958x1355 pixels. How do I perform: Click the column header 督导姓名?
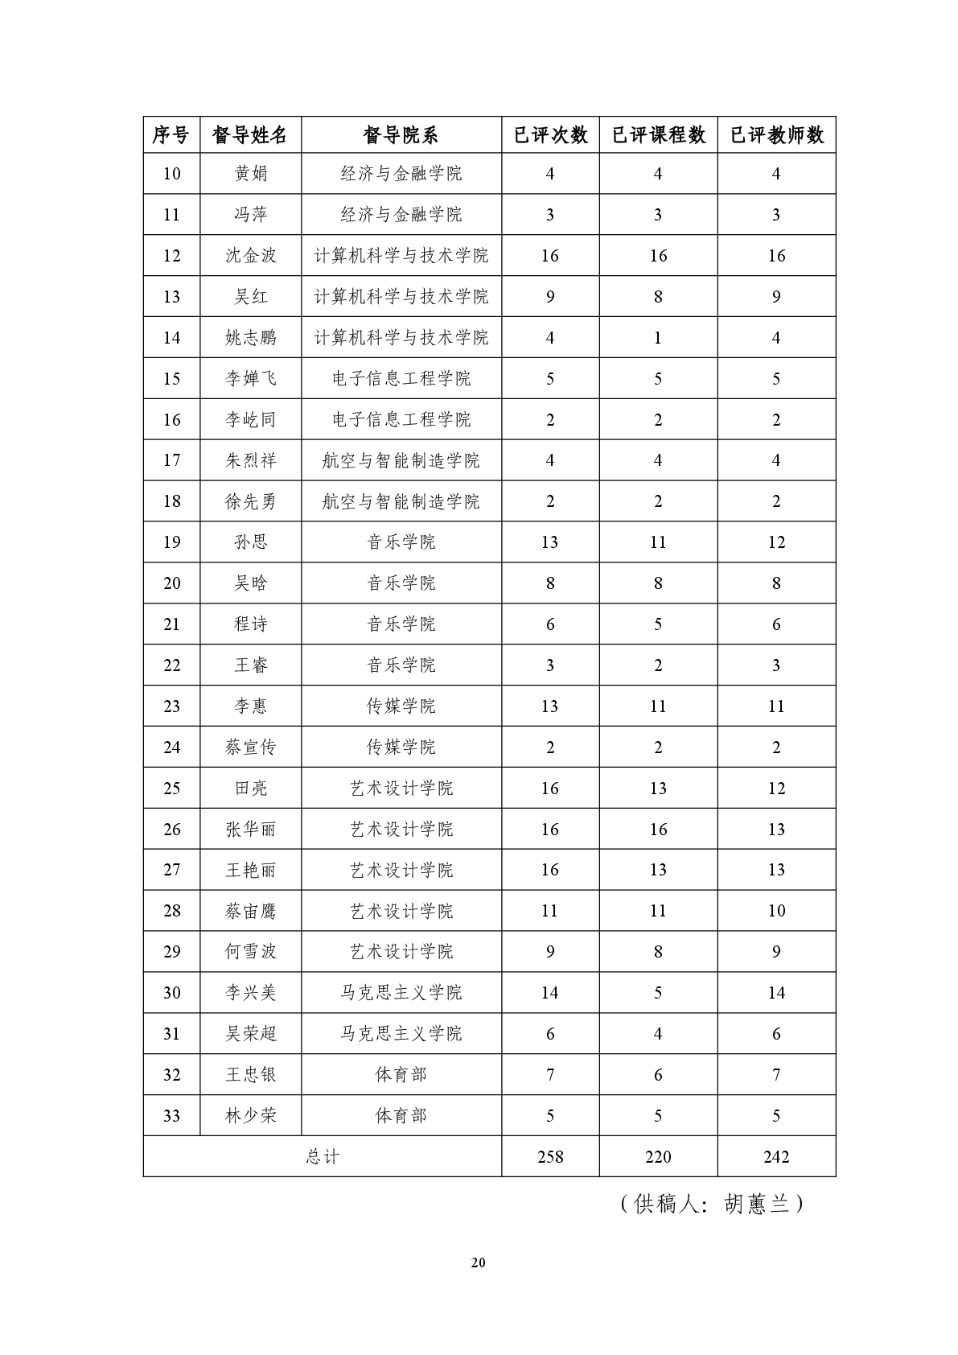click(x=250, y=135)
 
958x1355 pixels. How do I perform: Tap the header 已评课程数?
click(x=658, y=135)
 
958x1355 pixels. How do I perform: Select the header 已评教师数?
click(x=776, y=135)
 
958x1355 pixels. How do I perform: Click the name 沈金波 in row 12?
click(x=250, y=256)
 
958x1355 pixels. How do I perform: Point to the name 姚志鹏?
click(x=250, y=338)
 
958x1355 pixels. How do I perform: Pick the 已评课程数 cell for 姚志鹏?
click(x=658, y=338)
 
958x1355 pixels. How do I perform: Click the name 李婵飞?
click(x=250, y=379)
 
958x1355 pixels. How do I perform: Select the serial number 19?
click(x=172, y=542)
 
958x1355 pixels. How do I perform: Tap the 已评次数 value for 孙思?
click(x=550, y=542)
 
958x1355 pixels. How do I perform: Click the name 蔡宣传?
click(x=250, y=748)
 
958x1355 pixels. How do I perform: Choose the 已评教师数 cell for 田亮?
click(x=776, y=789)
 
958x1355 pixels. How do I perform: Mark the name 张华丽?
click(x=250, y=830)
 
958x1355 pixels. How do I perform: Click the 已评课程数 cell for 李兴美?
click(x=658, y=993)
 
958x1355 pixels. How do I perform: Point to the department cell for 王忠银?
click(x=401, y=1075)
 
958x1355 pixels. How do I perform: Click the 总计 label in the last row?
click(x=323, y=1157)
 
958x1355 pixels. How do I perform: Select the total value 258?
click(x=550, y=1157)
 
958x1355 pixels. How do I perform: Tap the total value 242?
click(x=776, y=1157)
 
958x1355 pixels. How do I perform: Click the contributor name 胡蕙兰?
click(x=756, y=1204)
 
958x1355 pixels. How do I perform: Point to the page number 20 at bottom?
click(x=479, y=1262)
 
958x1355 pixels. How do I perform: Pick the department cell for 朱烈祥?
click(x=401, y=460)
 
